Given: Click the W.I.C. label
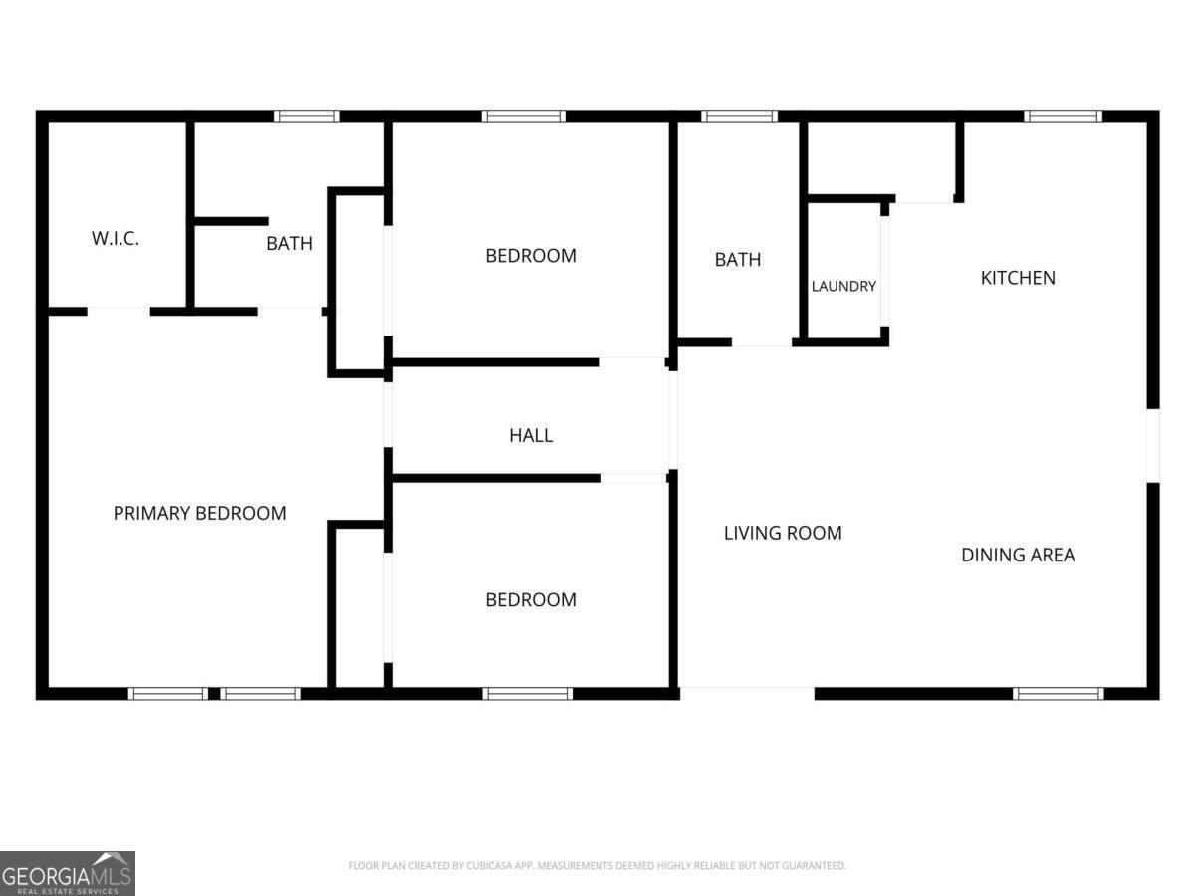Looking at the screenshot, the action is [x=116, y=238].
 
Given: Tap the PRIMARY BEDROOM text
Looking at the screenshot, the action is [x=200, y=513].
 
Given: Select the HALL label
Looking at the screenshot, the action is [x=531, y=435].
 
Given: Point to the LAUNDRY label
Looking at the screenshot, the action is [x=843, y=286].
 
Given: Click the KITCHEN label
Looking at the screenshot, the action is [x=1018, y=278].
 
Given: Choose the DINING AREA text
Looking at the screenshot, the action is [x=1018, y=555].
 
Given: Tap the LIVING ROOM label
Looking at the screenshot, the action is [x=783, y=533].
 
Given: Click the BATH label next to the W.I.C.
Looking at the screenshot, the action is [x=289, y=243].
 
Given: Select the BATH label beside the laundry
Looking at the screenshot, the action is [x=738, y=260].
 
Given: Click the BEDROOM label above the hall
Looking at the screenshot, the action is [x=531, y=256].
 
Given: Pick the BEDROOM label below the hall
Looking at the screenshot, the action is [x=531, y=600].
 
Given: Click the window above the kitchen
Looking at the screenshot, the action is [x=1063, y=116].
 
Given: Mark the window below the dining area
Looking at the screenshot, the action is [x=1059, y=694].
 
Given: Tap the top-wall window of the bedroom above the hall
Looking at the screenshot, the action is [x=523, y=116].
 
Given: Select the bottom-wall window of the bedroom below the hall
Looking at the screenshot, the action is [x=527, y=694].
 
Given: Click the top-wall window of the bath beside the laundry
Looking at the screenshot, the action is [x=739, y=116].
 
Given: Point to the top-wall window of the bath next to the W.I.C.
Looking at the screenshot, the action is [x=306, y=116].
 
